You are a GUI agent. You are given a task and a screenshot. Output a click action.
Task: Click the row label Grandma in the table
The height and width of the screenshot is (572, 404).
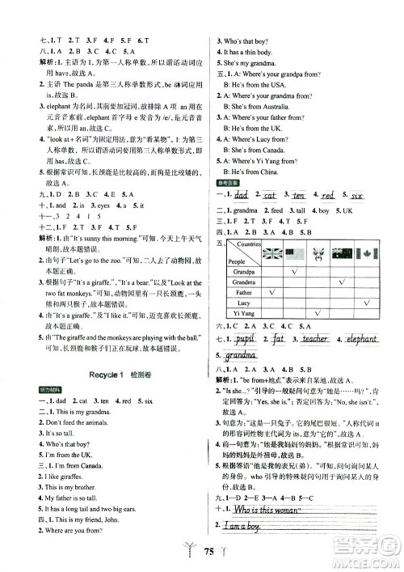(x=243, y=283)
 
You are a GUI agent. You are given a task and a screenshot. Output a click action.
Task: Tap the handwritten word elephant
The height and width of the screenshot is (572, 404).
(x=363, y=339)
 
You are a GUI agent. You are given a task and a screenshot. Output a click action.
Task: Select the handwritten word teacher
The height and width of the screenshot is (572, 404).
(x=311, y=339)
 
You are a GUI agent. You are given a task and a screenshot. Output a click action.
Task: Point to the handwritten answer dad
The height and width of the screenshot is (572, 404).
(x=237, y=195)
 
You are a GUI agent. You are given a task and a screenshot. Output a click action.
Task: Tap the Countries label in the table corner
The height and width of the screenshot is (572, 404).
(x=249, y=244)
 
